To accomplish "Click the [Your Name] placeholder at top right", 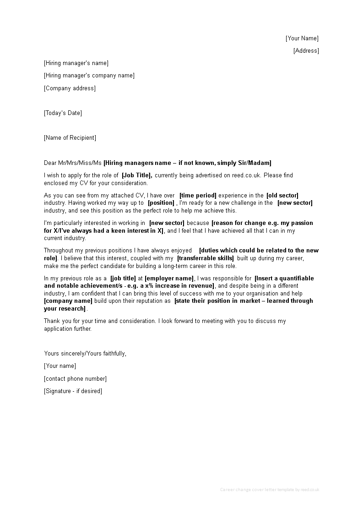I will point(302,38).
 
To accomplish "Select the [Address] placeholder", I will point(306,51).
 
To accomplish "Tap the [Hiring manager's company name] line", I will point(89,76).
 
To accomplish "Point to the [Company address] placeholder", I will point(70,88).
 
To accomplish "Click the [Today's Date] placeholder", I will point(63,113).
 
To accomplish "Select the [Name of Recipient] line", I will point(70,138).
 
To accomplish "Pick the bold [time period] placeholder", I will point(198,196).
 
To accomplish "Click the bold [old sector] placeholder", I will point(282,196).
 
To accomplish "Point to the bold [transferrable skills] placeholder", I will point(206,258).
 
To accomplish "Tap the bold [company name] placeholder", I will point(68,301).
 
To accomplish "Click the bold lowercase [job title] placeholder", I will point(123,279).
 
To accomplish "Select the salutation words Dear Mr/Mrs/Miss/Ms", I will point(73,163).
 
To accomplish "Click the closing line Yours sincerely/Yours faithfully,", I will point(85,354).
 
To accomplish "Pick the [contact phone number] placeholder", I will point(75,379).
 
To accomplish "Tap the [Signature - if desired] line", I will point(73,391).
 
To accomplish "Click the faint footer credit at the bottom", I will point(269,490).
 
